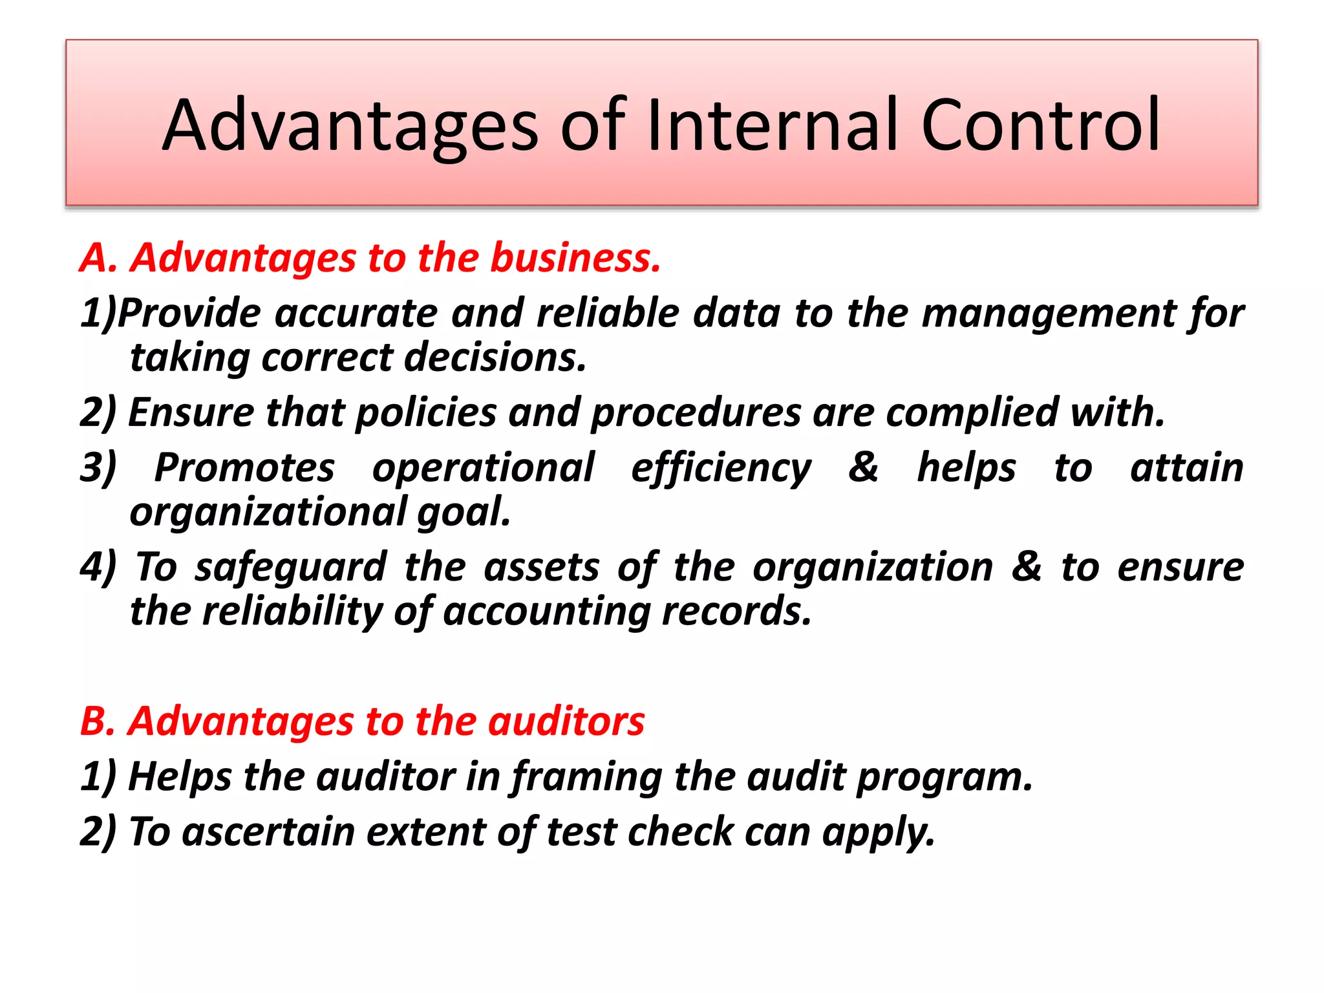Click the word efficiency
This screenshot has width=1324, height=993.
[721, 469]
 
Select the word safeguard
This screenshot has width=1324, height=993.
[291, 568]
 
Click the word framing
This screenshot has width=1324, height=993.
[586, 777]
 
